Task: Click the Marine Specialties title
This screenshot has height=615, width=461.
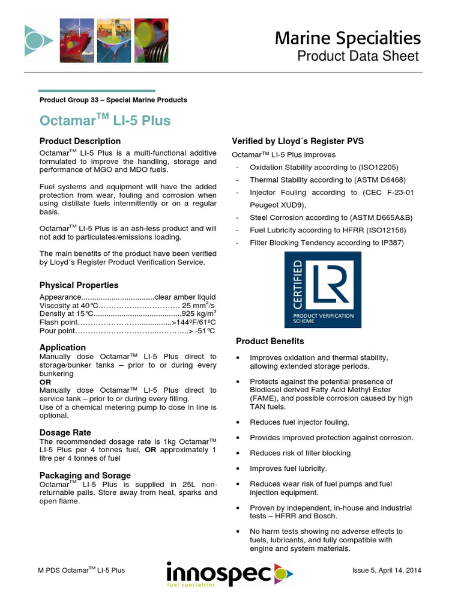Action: click(348, 38)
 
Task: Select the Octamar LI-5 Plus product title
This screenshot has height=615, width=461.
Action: click(105, 120)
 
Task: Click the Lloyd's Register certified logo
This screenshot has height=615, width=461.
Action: click(322, 289)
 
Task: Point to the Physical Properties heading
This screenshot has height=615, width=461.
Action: click(79, 285)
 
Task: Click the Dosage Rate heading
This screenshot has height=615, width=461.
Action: click(65, 432)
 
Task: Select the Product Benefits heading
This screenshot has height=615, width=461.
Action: click(270, 341)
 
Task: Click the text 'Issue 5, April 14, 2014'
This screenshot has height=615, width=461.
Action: click(387, 570)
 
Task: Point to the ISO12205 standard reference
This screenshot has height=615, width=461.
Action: click(373, 167)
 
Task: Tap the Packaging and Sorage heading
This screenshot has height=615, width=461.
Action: click(85, 475)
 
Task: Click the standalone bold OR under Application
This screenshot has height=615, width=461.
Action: click(45, 382)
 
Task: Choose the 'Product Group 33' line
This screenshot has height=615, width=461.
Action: click(113, 100)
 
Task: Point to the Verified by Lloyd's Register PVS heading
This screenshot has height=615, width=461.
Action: click(298, 141)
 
